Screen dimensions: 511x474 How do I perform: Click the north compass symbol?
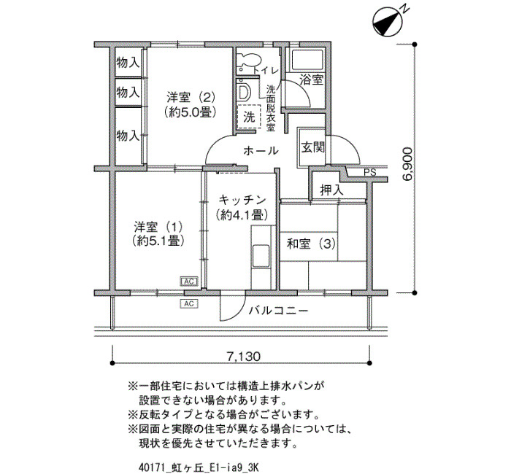point(388,20)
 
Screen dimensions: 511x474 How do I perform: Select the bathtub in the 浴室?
point(307,60)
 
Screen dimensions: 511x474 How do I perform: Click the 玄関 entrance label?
point(313,147)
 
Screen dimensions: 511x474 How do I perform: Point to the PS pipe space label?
point(370,172)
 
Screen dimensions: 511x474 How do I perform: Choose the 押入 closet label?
point(331,190)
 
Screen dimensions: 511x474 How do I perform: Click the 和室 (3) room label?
point(311,244)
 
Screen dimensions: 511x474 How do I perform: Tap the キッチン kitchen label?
point(242,200)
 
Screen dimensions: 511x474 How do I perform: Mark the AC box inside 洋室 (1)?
point(189,281)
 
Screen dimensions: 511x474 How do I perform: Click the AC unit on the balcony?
point(189,304)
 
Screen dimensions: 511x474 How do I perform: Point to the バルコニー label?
point(278,311)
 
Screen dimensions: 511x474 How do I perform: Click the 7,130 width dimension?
point(244,357)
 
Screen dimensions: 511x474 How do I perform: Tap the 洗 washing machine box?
point(250,117)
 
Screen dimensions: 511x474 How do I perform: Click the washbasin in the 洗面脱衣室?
point(244,92)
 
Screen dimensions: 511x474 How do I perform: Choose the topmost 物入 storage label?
point(128,62)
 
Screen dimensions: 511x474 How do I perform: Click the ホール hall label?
point(261,151)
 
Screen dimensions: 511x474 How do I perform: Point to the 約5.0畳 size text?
point(191,112)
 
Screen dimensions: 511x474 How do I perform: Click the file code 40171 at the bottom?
point(148,468)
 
